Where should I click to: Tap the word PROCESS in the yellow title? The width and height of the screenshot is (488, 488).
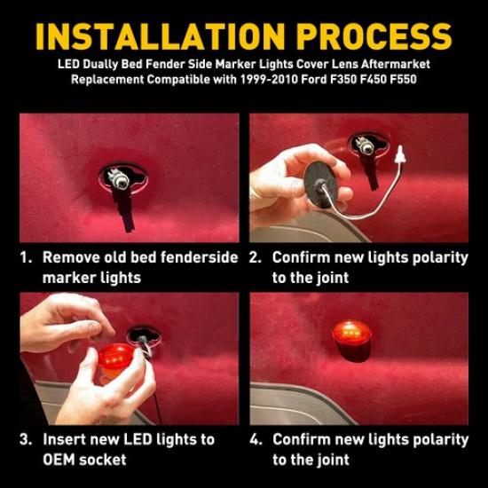click(x=374, y=36)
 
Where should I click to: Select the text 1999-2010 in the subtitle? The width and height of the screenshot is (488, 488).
click(x=268, y=79)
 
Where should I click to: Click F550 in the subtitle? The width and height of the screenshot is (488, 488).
click(x=403, y=79)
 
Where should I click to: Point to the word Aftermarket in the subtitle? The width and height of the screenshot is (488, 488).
click(x=396, y=64)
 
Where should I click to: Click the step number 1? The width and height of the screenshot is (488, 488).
click(x=26, y=257)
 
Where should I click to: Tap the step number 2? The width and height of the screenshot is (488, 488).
click(x=256, y=257)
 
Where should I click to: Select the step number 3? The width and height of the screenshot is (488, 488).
click(x=26, y=439)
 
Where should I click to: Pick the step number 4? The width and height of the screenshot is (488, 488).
click(x=256, y=439)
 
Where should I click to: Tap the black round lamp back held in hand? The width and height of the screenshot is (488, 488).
click(x=320, y=185)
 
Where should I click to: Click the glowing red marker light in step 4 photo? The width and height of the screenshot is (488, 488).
click(x=352, y=342)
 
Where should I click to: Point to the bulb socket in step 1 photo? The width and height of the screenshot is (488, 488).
click(x=119, y=179)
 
